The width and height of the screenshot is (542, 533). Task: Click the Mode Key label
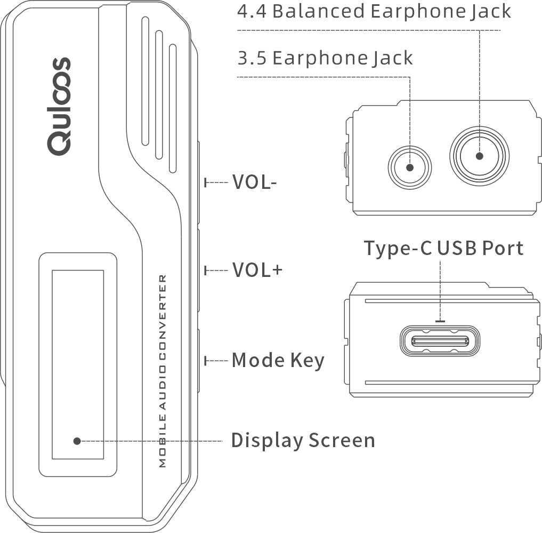tap(278, 361)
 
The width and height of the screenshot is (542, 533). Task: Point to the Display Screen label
tap(303, 441)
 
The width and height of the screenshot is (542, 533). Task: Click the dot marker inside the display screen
tap(77, 441)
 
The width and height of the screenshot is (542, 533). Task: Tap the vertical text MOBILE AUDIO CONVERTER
tap(163, 371)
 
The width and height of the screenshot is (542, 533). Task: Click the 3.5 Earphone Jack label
tap(325, 58)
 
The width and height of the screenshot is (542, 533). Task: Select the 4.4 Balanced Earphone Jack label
tap(374, 11)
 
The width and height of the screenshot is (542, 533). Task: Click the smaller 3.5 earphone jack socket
tap(410, 167)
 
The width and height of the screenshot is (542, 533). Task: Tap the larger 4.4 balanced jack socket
tap(479, 156)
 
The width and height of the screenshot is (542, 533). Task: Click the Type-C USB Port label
tap(443, 248)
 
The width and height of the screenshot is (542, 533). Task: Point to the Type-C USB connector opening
tap(440, 341)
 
